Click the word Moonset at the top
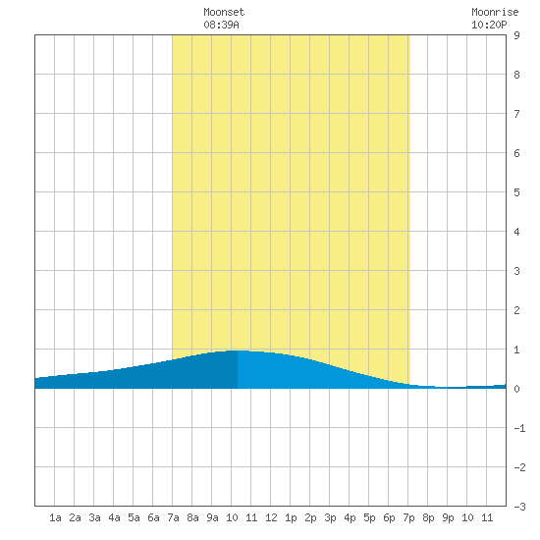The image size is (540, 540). (x=224, y=12)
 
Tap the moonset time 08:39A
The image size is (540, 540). (x=221, y=25)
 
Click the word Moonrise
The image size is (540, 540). (x=495, y=12)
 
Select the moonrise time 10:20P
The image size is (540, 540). (x=489, y=25)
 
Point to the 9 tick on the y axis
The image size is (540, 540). (x=516, y=35)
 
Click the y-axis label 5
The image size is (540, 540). (x=516, y=192)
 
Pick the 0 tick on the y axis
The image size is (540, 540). (x=516, y=389)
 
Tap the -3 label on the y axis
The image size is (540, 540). (x=519, y=507)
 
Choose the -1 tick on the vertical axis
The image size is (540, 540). (x=519, y=428)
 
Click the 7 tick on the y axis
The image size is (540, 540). (x=516, y=114)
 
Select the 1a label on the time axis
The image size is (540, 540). (x=55, y=517)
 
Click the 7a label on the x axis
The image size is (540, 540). (x=173, y=517)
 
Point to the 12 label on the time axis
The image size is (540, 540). (x=271, y=517)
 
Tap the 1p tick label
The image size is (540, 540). (x=291, y=517)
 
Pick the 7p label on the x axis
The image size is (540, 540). (x=408, y=517)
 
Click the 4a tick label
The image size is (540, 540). (x=114, y=517)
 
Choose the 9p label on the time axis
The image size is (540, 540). (x=448, y=517)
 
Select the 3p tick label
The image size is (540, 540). (x=330, y=517)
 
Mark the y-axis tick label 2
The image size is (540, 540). (x=516, y=310)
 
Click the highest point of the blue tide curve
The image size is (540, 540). (x=238, y=351)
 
